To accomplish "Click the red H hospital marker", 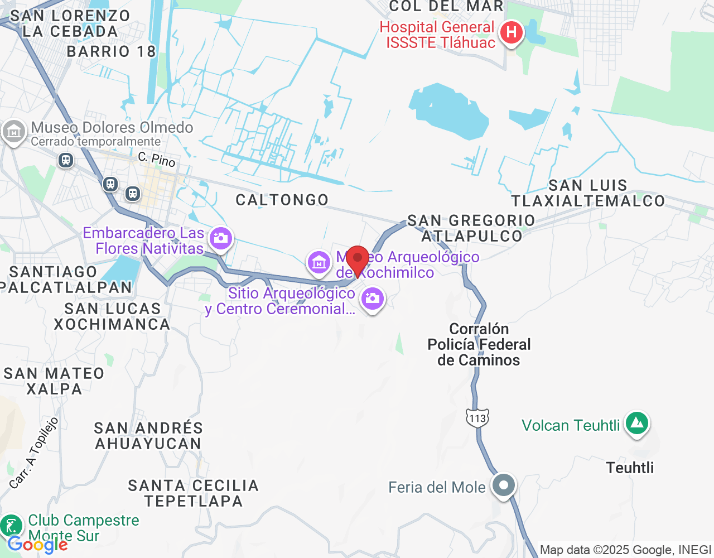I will (511, 33).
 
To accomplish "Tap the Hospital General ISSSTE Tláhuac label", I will (437, 35).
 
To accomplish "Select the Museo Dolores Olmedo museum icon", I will (13, 132).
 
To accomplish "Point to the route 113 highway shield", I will (477, 418).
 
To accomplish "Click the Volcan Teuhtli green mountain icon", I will (637, 424).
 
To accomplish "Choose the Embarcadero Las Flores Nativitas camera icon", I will (221, 239).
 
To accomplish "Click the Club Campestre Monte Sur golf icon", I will (11, 526).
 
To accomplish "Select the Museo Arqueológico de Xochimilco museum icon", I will (319, 262).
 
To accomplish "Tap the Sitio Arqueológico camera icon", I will (373, 299).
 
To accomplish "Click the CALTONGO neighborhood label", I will (282, 200).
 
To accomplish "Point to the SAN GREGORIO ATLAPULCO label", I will (471, 228).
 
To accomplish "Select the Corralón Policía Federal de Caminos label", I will (479, 344).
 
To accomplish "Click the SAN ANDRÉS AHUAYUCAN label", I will (148, 436).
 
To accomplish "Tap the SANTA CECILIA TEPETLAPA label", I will (194, 493).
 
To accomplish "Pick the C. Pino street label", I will (157, 160).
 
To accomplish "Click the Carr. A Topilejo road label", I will (34, 453).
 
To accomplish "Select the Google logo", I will (38, 545).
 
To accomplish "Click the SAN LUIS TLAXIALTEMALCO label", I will (588, 193).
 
